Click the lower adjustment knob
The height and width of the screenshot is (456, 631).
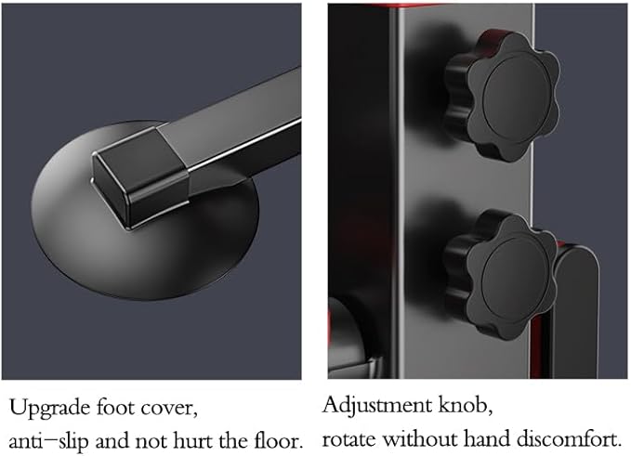pyautogui.click(x=502, y=276)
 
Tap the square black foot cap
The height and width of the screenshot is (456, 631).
pyautogui.click(x=141, y=177)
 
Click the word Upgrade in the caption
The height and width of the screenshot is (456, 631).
pyautogui.click(x=49, y=409)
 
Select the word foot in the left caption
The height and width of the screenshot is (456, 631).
pyautogui.click(x=115, y=408)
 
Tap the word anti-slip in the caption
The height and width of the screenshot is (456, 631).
pyautogui.click(x=48, y=442)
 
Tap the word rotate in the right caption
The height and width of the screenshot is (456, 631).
pyautogui.click(x=349, y=439)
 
